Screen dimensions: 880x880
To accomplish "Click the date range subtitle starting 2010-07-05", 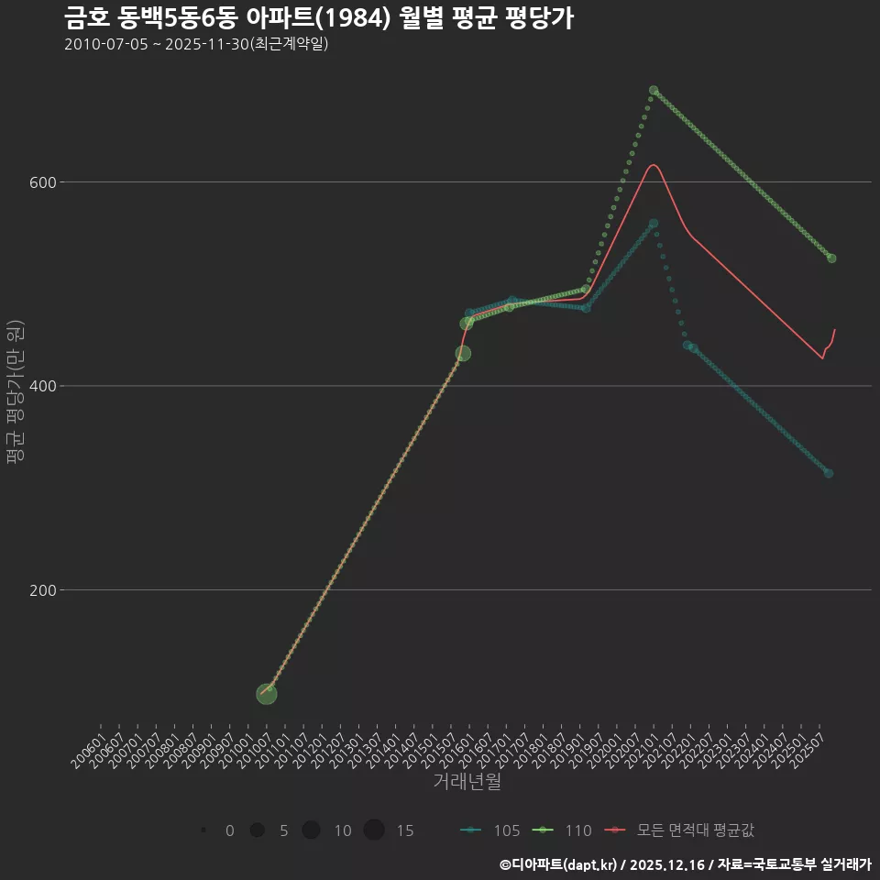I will pyautogui.click(x=196, y=45).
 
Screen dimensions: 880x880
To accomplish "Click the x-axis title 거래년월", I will pyautogui.click(x=467, y=782).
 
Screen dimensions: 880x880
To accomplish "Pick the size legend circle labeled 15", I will pyautogui.click(x=374, y=830).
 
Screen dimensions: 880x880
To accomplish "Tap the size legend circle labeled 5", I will pyautogui.click(x=258, y=830).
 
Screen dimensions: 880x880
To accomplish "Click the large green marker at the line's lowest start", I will pyautogui.click(x=266, y=693).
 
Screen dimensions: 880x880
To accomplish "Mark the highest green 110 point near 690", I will pyautogui.click(x=654, y=91).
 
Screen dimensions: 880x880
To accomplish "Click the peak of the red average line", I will pyautogui.click(x=653, y=165).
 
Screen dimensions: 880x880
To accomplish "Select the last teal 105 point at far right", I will pyautogui.click(x=829, y=473).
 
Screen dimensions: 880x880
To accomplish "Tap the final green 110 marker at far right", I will pyautogui.click(x=831, y=258).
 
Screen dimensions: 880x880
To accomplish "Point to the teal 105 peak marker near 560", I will pyautogui.click(x=653, y=223).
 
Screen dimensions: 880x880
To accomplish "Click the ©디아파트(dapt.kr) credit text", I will pyautogui.click(x=560, y=864).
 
